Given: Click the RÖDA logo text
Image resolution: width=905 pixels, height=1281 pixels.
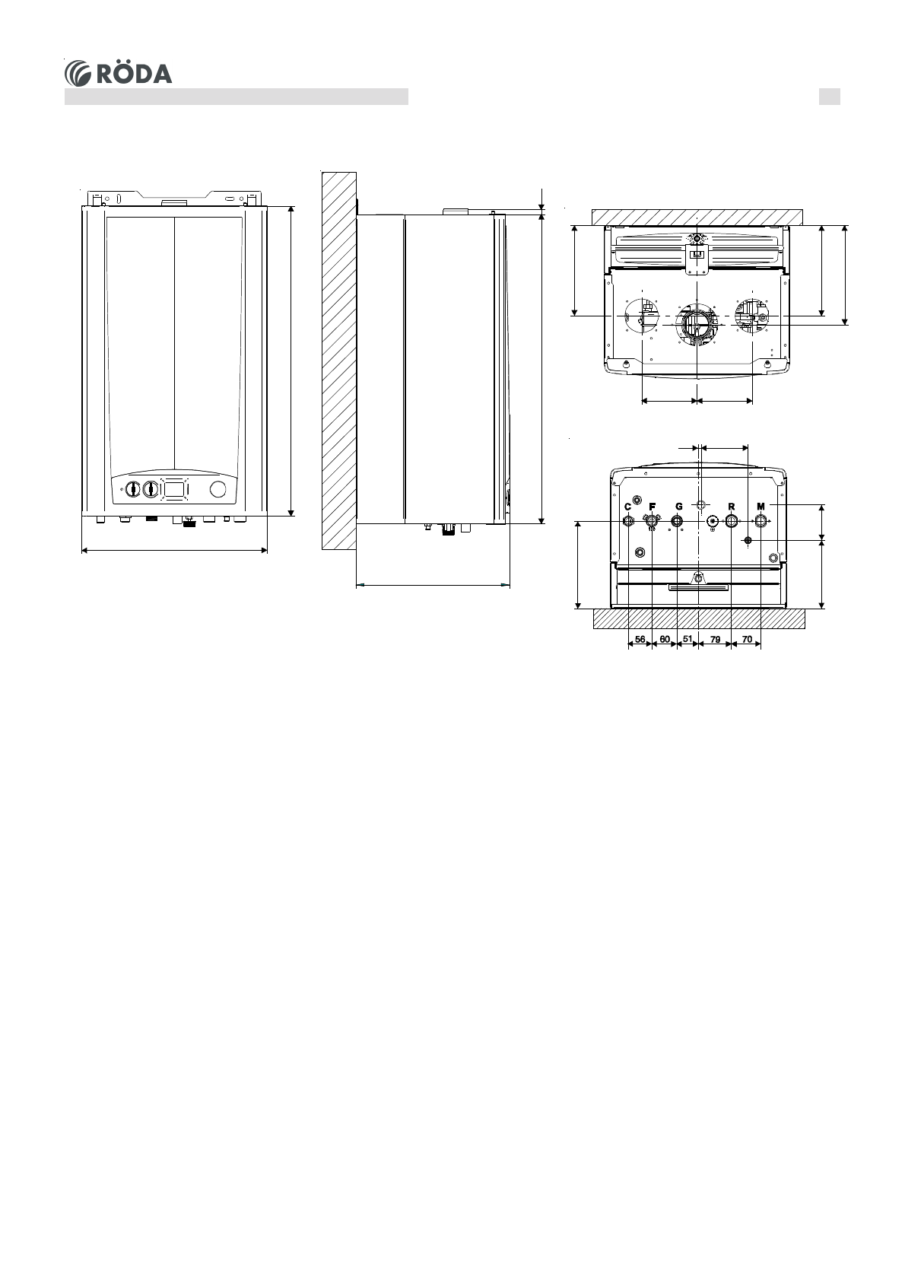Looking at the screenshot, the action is click(135, 73).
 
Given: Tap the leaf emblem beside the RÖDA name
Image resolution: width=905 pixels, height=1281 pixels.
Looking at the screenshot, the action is click(78, 74).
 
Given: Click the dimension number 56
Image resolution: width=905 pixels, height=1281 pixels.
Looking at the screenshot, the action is click(640, 639).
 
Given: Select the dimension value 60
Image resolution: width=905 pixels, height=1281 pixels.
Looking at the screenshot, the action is click(665, 639).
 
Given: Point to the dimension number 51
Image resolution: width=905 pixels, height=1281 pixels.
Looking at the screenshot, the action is click(687, 639).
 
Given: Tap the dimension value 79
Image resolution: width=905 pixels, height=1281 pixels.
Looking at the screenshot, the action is click(715, 639).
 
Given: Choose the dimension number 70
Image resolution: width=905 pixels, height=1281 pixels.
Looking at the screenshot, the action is click(747, 639).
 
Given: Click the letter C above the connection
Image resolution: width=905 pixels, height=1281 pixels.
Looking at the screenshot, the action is click(627, 507).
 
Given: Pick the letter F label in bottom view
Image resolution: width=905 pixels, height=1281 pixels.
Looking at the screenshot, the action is click(653, 507).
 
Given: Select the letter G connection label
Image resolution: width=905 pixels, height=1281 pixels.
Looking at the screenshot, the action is click(679, 507).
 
